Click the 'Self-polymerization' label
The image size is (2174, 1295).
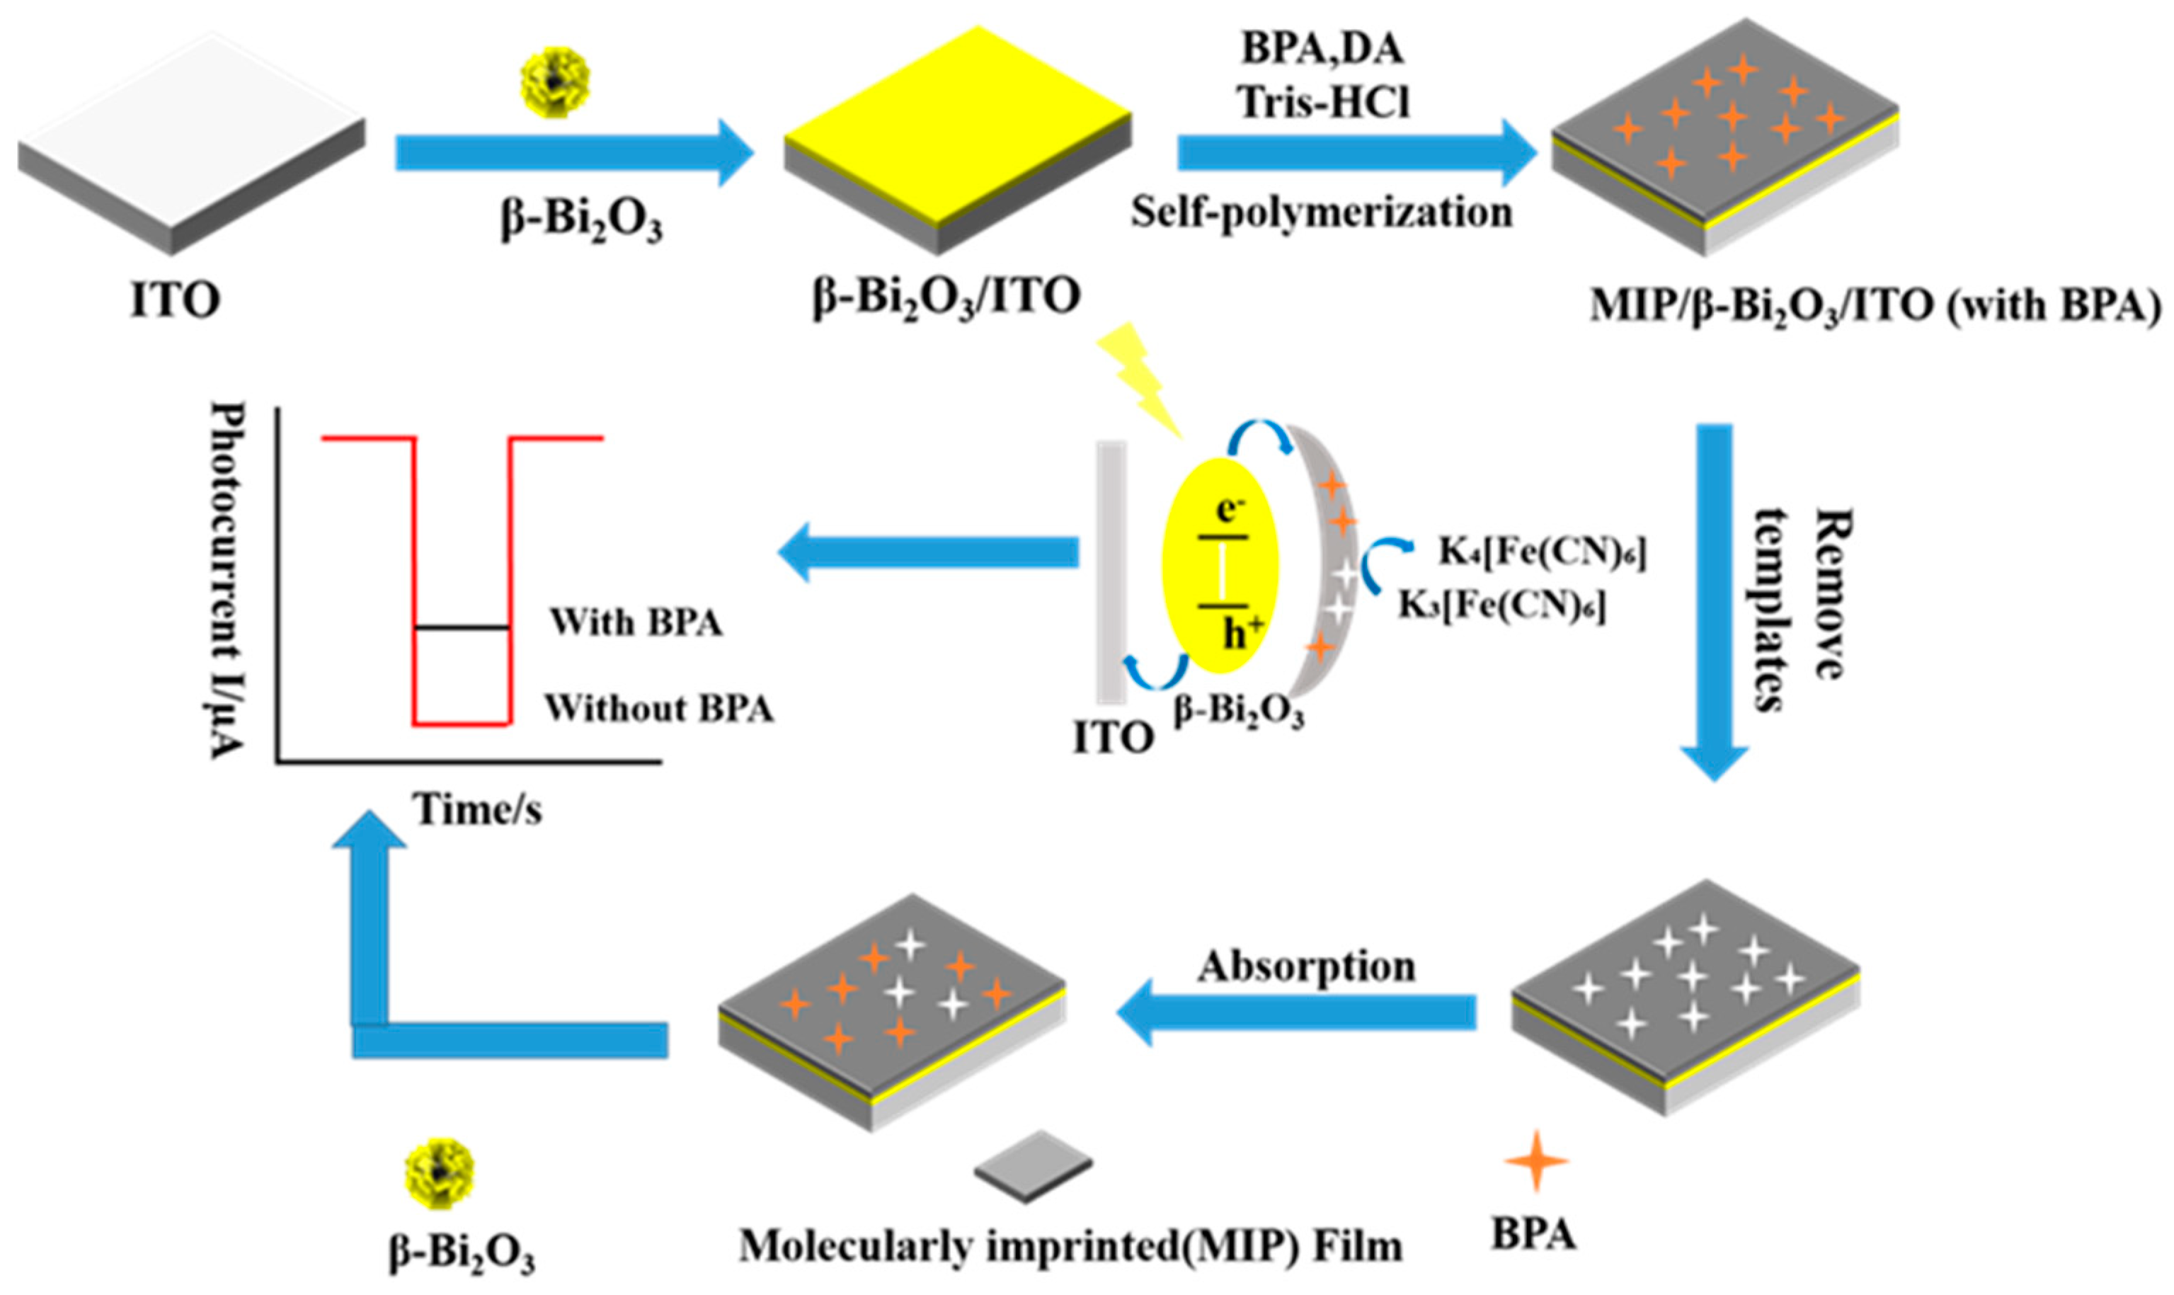pos(1322,212)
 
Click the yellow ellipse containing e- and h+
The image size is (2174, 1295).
pos(1221,566)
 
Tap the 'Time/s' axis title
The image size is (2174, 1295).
pos(477,809)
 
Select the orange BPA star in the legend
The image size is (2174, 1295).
pos(1536,1160)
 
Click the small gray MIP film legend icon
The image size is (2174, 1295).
pos(1034,1166)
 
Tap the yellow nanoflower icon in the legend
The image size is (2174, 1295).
pos(440,1174)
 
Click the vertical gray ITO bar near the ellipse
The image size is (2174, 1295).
pos(1111,571)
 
